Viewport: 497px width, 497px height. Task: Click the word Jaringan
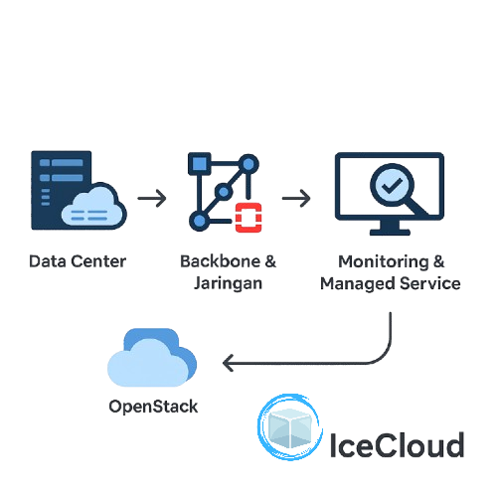pyautogui.click(x=229, y=283)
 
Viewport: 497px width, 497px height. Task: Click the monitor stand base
pyautogui.click(x=388, y=233)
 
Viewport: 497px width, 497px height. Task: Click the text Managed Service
pyautogui.click(x=391, y=283)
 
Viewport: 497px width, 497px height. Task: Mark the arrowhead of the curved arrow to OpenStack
pyautogui.click(x=228, y=365)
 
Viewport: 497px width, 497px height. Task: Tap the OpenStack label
pyautogui.click(x=153, y=406)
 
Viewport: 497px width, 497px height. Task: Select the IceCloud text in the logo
pyautogui.click(x=397, y=443)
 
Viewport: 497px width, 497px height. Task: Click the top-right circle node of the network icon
pyautogui.click(x=248, y=163)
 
